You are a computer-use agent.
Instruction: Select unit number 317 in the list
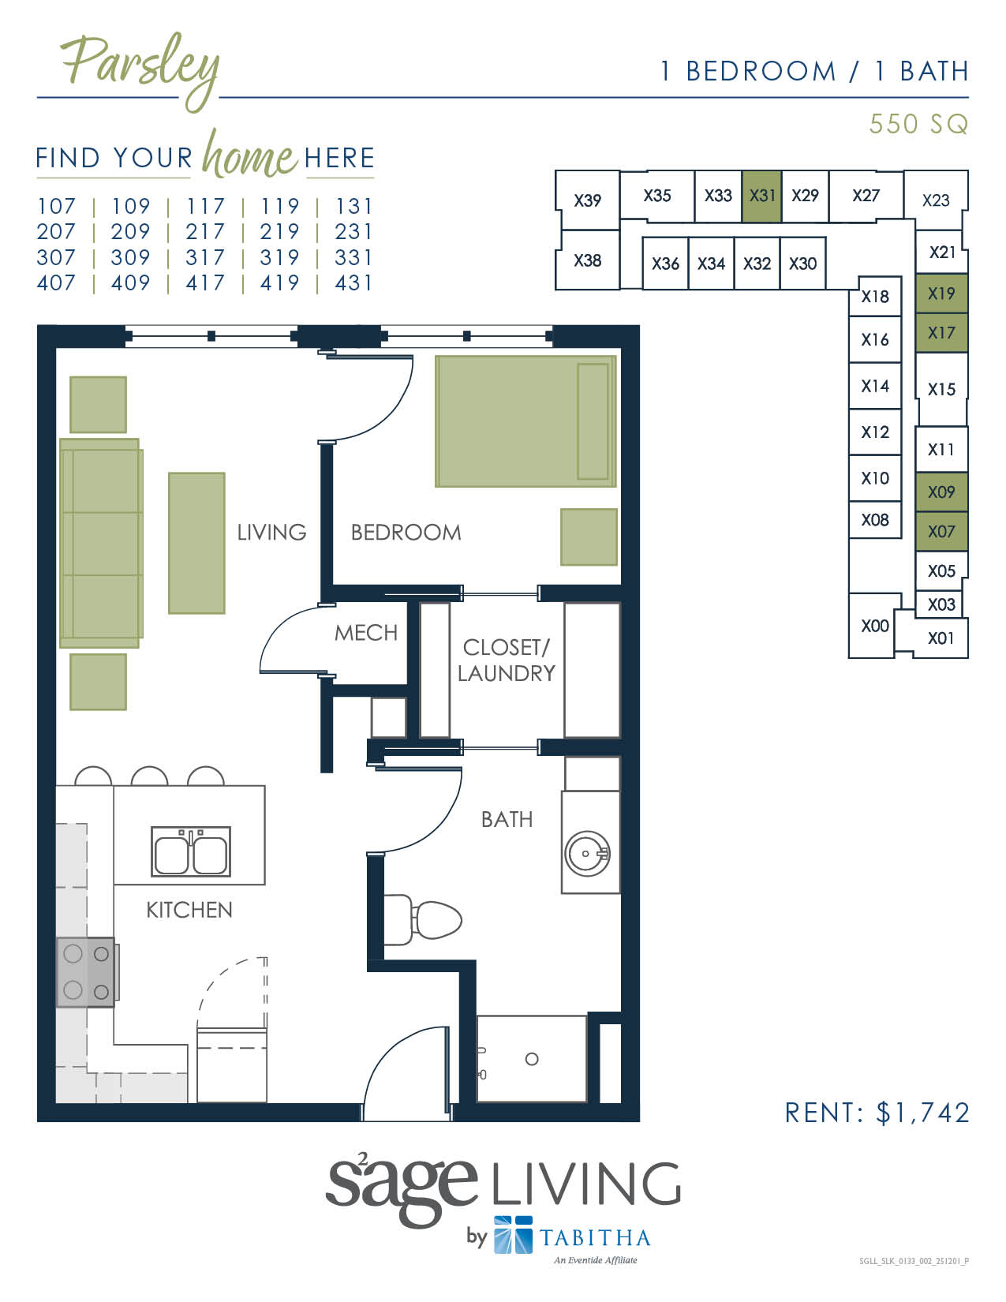tap(205, 258)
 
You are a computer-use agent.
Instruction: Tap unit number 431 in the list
tap(353, 283)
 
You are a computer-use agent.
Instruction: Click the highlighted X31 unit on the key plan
tap(762, 196)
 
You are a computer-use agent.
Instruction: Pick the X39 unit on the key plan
tap(587, 200)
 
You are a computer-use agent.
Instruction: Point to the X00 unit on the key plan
tap(874, 627)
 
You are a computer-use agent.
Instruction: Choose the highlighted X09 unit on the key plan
tap(941, 492)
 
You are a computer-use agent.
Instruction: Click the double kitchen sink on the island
tap(191, 851)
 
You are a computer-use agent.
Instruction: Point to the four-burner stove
tap(86, 972)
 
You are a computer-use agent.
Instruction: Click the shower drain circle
tap(532, 1059)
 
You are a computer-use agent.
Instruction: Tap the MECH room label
tap(366, 633)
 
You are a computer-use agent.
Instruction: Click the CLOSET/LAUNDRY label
tap(507, 660)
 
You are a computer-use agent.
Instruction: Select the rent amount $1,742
tap(923, 1113)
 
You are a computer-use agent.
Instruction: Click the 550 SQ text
tap(918, 124)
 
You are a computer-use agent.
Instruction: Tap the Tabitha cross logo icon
tap(513, 1235)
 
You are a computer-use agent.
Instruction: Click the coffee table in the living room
tap(196, 543)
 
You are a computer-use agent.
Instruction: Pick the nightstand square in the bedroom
tap(589, 537)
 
